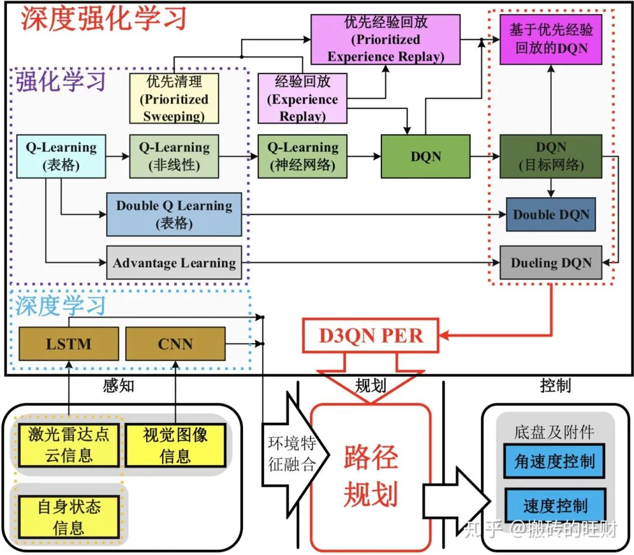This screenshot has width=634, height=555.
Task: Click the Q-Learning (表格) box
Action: (x=61, y=156)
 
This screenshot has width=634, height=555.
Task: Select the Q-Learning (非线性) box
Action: (x=174, y=156)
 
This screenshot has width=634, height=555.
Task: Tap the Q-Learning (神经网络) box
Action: (x=302, y=156)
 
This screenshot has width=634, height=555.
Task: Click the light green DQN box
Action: (x=426, y=156)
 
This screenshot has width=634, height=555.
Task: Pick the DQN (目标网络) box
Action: (x=551, y=156)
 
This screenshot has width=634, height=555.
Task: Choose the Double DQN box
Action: (x=551, y=214)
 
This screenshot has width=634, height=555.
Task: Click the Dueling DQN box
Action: (x=551, y=263)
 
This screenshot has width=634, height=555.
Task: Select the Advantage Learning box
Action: (x=174, y=263)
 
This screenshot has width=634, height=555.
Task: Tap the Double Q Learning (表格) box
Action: (x=174, y=214)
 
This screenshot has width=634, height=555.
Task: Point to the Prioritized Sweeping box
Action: (x=174, y=98)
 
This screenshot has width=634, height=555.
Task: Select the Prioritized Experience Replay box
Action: (x=386, y=40)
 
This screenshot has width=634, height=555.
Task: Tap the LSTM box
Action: (x=69, y=344)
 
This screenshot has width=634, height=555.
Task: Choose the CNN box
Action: (x=176, y=344)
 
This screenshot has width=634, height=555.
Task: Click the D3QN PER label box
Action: (x=370, y=336)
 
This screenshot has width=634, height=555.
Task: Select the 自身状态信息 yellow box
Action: (x=69, y=516)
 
